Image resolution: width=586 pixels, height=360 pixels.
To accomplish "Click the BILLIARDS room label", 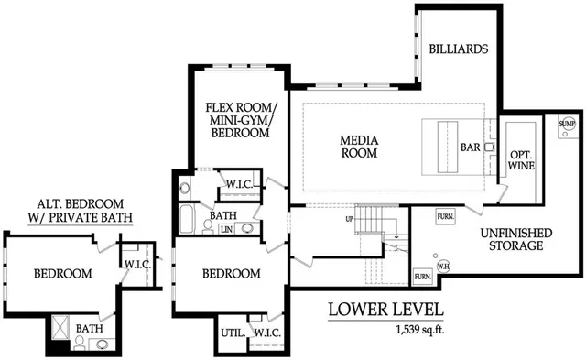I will [458, 49].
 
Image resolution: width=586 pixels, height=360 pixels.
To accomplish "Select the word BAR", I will [469, 147].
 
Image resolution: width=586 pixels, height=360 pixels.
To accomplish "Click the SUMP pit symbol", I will [567, 123].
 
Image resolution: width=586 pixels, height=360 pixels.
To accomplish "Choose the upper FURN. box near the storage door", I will [445, 217].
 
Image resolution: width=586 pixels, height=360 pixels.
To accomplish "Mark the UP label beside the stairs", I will [348, 220].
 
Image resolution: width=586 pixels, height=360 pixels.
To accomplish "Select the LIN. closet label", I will [227, 230].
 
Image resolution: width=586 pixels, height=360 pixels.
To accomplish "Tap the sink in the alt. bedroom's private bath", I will [102, 344].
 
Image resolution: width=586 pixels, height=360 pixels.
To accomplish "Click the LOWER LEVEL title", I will [385, 310].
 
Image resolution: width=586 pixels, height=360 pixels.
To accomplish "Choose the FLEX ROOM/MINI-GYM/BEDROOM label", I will [237, 120].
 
